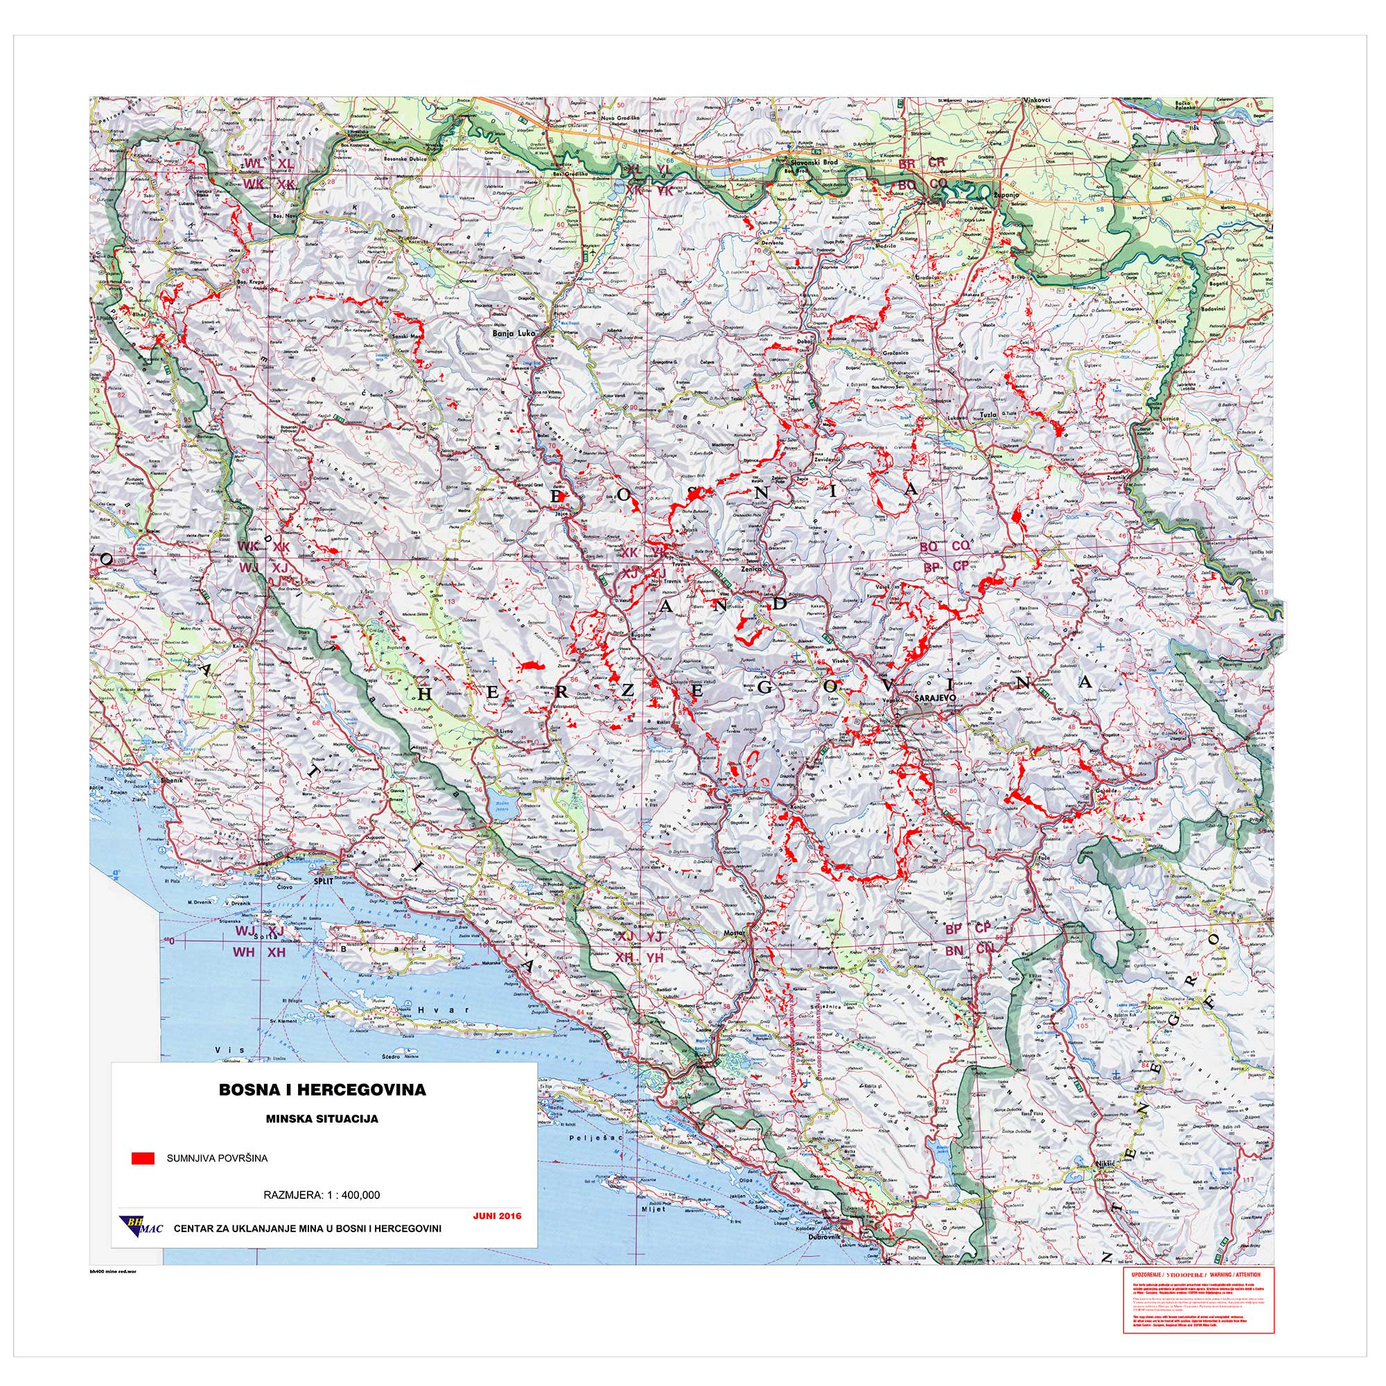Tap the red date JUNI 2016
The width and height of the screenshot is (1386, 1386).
[497, 1216]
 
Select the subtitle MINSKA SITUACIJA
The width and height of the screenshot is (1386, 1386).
[322, 1119]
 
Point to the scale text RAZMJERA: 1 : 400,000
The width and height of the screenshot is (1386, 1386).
[322, 1195]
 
